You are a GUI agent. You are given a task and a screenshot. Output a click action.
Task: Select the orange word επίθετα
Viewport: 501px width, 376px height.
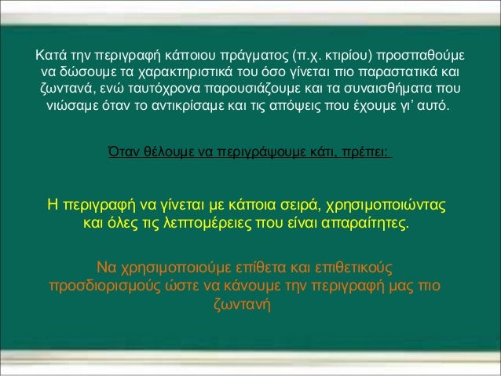pyautogui.click(x=229, y=268)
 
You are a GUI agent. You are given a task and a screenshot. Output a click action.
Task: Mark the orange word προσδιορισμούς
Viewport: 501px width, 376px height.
pyautogui.click(x=104, y=285)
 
